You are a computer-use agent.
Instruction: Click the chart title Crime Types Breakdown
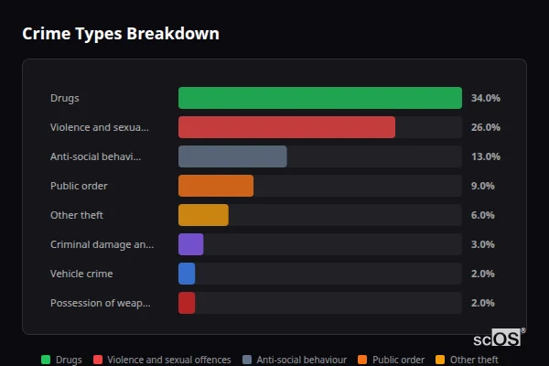(120, 34)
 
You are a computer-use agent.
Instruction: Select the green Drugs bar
(319, 98)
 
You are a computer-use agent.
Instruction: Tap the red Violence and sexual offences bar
(286, 127)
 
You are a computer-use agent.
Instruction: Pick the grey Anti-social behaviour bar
(232, 156)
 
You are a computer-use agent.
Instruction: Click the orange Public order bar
(216, 186)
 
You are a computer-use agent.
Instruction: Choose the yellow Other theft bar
(203, 215)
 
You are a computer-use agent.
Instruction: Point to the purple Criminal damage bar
(190, 244)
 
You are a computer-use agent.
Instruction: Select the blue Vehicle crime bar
(187, 274)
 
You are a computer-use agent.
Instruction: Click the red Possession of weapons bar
(187, 303)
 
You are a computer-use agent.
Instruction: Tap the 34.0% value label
(485, 98)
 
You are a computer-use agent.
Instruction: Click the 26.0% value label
(485, 127)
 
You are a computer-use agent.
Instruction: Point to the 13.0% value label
(485, 156)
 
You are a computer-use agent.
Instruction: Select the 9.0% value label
(482, 186)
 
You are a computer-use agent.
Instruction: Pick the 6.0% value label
(482, 215)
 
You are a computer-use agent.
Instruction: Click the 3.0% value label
(482, 244)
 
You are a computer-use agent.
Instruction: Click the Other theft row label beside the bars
(77, 215)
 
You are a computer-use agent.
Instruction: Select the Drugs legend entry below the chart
(61, 360)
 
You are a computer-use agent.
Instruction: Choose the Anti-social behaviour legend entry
(294, 360)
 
